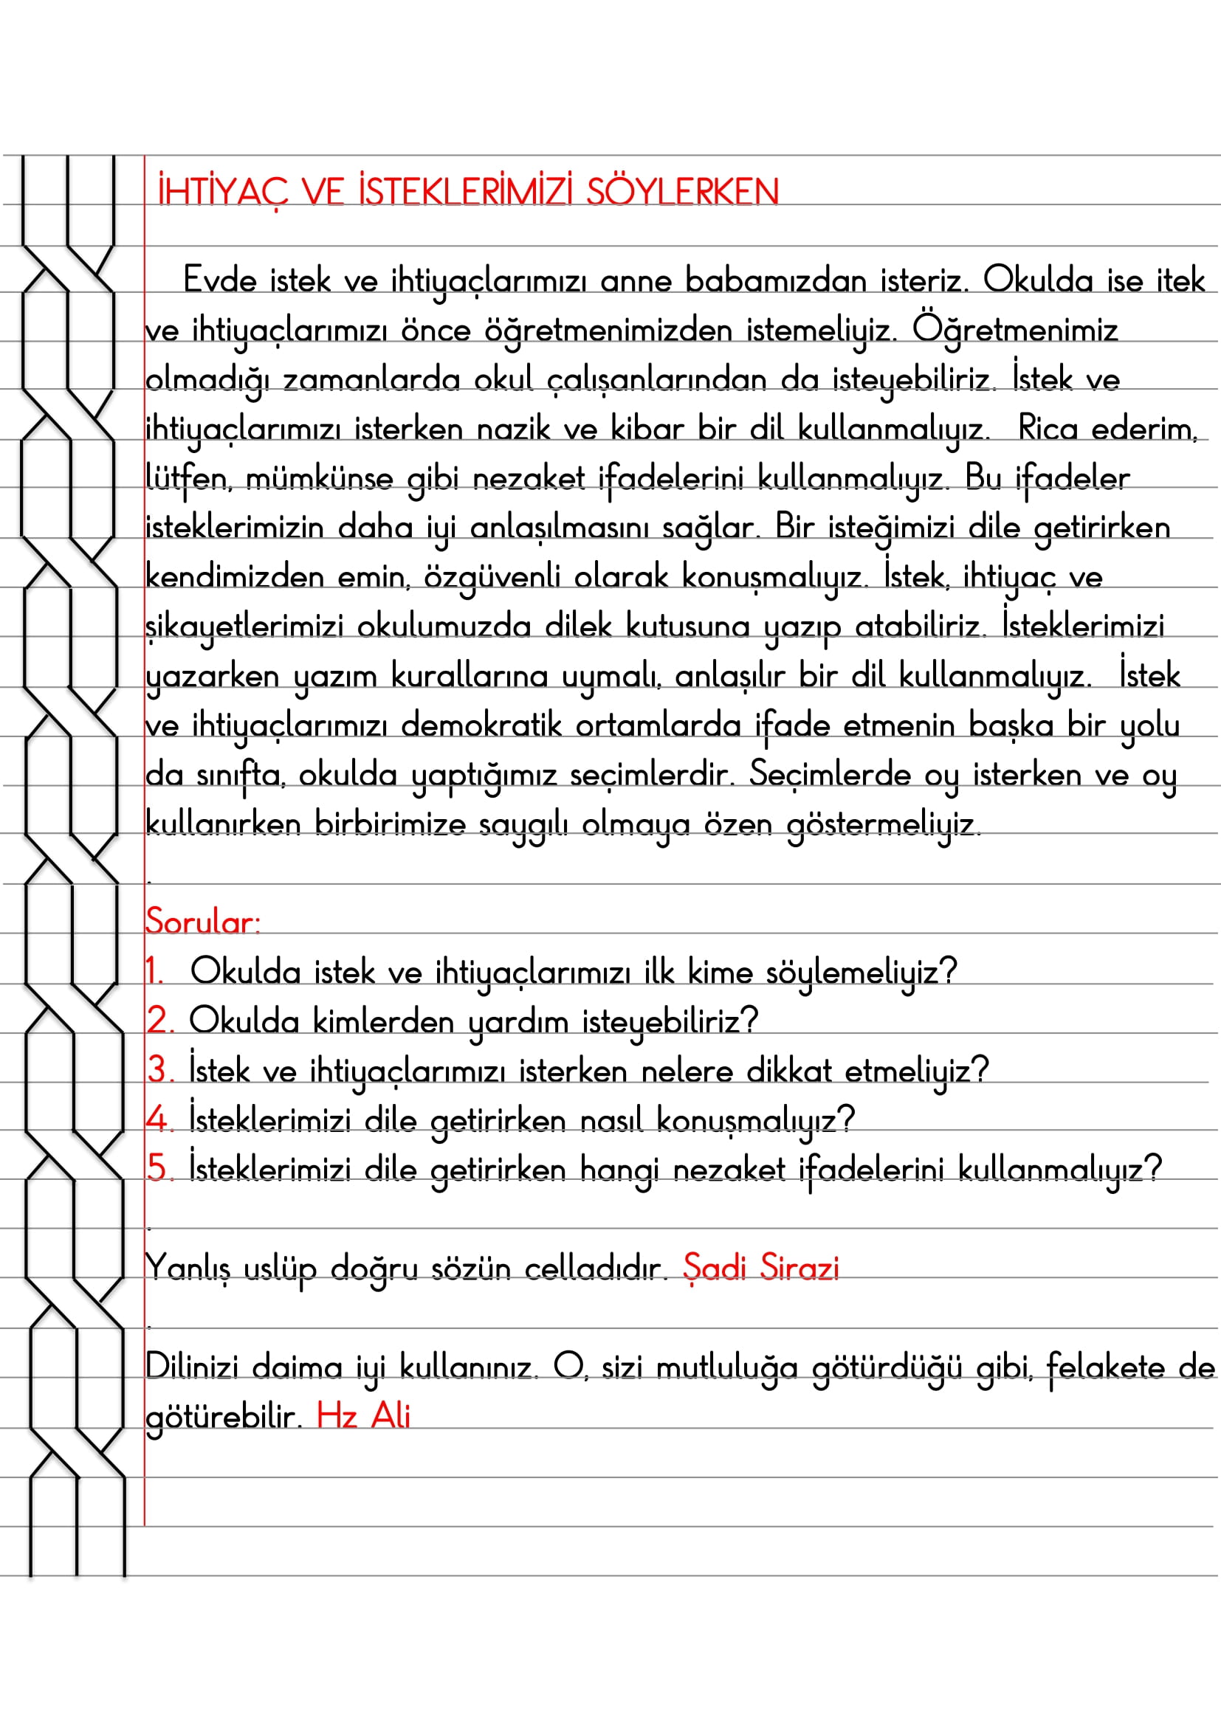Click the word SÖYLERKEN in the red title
pos(682,192)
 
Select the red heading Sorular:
pos(202,922)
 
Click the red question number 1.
pos(154,971)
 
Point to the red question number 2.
pos(159,1021)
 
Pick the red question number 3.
pos(159,1071)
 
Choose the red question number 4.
pos(158,1119)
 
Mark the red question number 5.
pos(159,1169)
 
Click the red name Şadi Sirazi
pos(760,1268)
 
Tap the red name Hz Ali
pos(363,1416)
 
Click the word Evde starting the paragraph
pos(219,280)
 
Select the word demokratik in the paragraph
pos(481,725)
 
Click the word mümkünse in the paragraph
pos(319,479)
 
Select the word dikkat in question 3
pos(788,1071)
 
